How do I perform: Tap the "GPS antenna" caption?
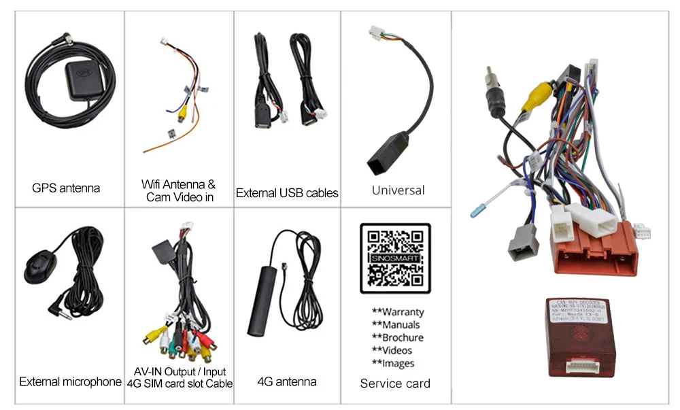point(66,188)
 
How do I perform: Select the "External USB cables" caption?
point(286,193)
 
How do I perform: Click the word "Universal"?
point(398,190)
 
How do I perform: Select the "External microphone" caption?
point(70,381)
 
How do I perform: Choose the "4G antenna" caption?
point(286,381)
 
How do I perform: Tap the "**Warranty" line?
point(398,312)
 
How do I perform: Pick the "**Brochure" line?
point(398,338)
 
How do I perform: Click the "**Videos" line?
point(392,351)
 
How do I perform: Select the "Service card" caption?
point(395,383)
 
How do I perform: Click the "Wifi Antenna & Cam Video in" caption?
point(179,191)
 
